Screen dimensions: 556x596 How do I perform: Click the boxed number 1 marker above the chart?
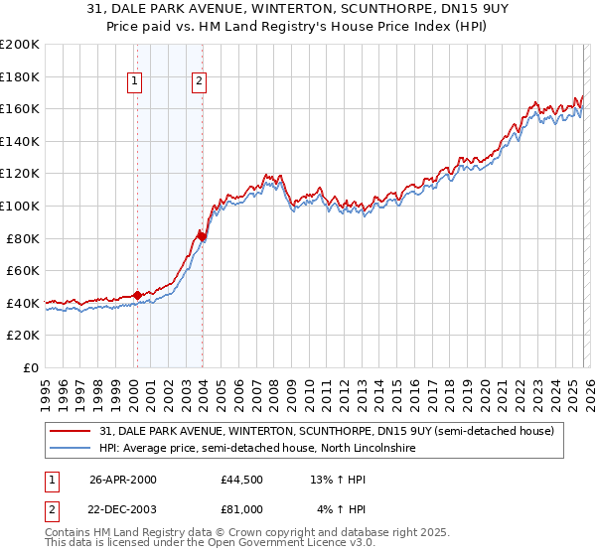(x=134, y=82)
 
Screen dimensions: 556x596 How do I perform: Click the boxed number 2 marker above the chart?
(x=199, y=82)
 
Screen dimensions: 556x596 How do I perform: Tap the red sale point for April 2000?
(x=137, y=295)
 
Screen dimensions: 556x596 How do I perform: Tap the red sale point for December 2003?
(x=202, y=236)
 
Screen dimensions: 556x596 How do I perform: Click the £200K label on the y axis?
(x=20, y=45)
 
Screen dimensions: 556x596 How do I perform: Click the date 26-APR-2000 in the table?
(x=122, y=480)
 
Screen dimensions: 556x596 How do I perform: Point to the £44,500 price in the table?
(x=242, y=480)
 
